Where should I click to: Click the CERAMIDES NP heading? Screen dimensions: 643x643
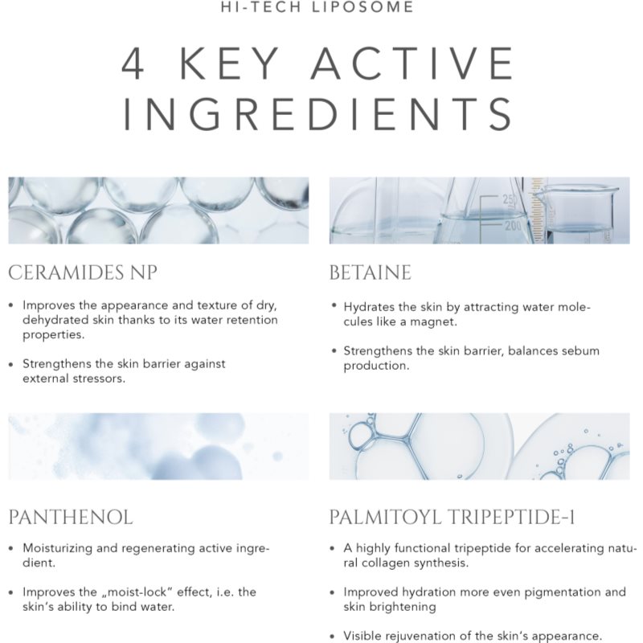point(83,272)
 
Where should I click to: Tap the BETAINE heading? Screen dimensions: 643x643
point(370,272)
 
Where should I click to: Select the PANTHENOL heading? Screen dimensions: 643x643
point(71,517)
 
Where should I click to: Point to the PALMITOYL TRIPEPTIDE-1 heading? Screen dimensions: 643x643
point(452,517)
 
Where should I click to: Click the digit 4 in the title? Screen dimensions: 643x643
point(133,63)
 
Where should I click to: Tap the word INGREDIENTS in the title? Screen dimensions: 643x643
point(318,114)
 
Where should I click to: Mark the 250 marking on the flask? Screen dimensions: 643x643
point(510,200)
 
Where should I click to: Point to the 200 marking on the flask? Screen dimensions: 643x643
point(513,225)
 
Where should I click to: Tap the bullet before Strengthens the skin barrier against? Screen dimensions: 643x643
point(11,364)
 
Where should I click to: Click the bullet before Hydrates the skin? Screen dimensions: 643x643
point(334,305)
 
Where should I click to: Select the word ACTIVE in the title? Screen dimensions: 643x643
point(412,63)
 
